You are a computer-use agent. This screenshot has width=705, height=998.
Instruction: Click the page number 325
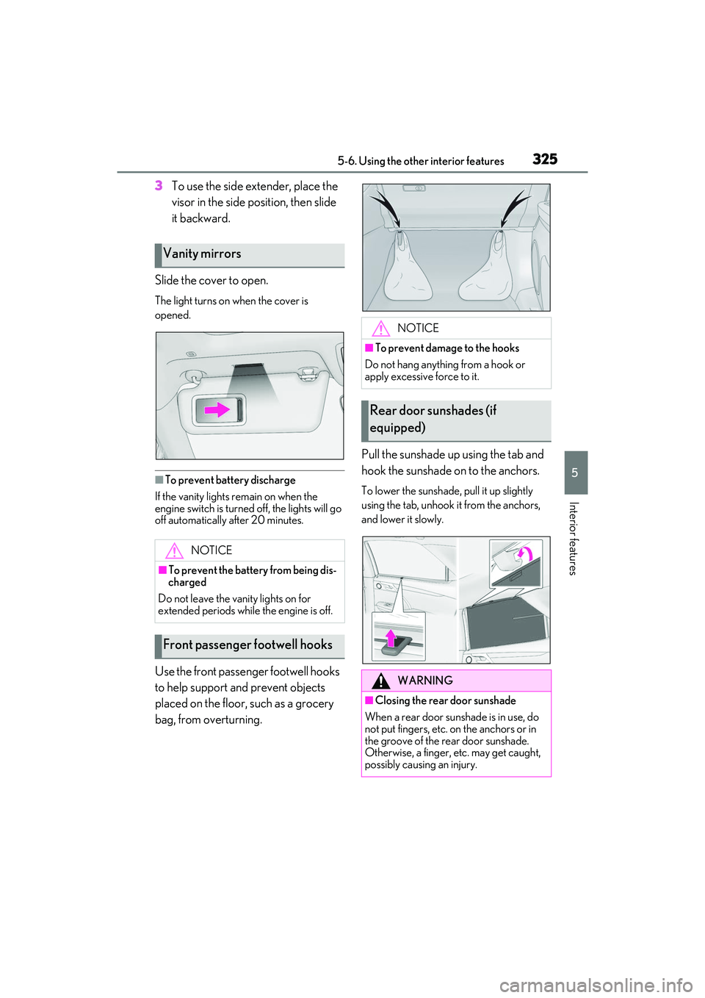point(545,159)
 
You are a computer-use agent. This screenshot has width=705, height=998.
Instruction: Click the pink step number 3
point(159,186)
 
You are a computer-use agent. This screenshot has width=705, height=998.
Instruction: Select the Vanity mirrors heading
point(202,254)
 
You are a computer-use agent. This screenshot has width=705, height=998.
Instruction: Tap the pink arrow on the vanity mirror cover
point(217,410)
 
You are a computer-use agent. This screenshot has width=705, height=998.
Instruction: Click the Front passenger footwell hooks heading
point(247,645)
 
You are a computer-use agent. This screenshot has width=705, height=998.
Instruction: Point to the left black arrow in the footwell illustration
point(386,209)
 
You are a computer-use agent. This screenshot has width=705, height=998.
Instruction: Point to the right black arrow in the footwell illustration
point(515,208)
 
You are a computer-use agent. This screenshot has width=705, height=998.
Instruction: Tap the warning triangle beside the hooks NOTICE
point(380,329)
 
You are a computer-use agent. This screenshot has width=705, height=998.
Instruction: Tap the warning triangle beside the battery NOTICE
point(174,550)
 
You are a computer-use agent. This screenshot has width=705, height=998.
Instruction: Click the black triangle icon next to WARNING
point(380,681)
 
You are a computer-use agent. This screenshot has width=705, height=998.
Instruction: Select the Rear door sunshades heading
point(433,419)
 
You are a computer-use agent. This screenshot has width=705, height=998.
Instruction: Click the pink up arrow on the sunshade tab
point(391,636)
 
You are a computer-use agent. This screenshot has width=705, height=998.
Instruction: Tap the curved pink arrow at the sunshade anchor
point(524,553)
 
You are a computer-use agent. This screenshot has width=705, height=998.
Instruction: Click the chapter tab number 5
point(575,473)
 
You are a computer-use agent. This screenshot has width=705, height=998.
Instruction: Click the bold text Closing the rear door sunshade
point(445,701)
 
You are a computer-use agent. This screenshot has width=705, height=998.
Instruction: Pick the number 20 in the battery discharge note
point(258,520)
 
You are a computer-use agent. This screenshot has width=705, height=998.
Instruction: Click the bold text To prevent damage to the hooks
point(446,348)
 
